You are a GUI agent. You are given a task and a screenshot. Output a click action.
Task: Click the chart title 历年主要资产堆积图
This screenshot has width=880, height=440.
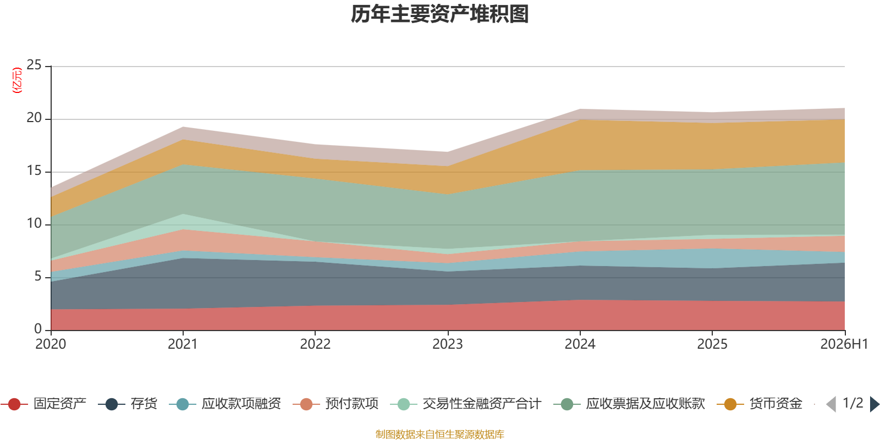pos(439,14)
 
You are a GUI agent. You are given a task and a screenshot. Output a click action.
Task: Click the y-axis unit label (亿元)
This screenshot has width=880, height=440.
pos(17,80)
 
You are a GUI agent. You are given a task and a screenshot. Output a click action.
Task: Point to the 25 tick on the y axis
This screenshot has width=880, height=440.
pos(34,65)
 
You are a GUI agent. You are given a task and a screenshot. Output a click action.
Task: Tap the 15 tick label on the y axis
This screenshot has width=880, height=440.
pos(34,170)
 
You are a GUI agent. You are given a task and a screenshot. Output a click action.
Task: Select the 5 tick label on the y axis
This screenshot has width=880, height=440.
pos(38,276)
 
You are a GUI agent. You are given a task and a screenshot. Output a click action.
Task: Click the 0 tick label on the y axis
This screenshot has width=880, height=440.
pos(38,329)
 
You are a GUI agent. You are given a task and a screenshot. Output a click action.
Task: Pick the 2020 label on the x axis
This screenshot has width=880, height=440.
pos(51,344)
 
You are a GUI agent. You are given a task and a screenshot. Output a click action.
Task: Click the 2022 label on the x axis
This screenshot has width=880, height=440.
pos(316,344)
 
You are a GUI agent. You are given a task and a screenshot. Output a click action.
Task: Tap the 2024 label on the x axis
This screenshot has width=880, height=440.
pos(580,344)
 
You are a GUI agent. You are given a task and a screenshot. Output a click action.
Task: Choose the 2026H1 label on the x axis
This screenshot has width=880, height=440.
pos(844,344)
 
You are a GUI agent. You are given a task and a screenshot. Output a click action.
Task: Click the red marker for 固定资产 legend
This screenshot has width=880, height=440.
pos(14,404)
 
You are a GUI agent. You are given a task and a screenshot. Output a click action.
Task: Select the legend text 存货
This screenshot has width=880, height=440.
pos(144,404)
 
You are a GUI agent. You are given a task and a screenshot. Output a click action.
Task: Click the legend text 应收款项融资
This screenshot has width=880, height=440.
pos(241,404)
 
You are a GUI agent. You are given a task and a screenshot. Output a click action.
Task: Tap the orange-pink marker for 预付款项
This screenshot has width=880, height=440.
pos(306,404)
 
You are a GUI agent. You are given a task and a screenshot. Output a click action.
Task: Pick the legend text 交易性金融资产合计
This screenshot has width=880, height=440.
pos(482,404)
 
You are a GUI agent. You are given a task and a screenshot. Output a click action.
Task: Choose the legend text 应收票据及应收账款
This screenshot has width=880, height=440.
pos(646,404)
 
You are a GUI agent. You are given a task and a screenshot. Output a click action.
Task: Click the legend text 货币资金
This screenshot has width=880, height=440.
pos(776,404)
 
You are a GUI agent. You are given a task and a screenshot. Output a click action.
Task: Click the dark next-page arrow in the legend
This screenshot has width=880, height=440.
pos(875,404)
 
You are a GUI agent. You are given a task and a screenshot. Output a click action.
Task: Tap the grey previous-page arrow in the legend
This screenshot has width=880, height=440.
pos(831,404)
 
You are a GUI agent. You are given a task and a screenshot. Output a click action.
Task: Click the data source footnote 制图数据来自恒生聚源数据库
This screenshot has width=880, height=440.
pos(439,434)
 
